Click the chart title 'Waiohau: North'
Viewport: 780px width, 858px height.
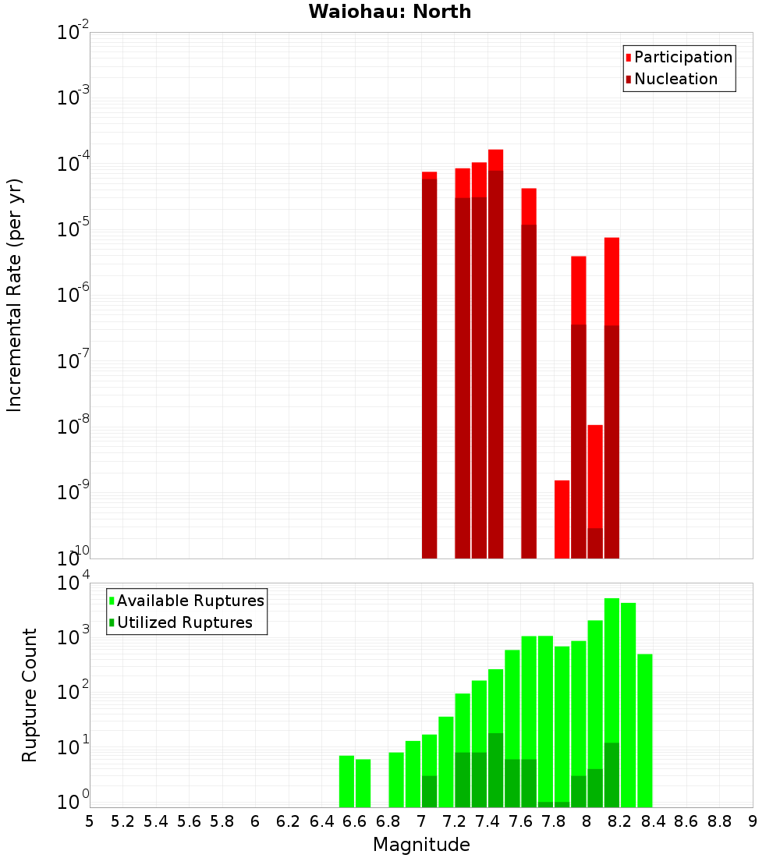pos(389,12)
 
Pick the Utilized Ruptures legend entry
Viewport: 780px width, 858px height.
pos(184,622)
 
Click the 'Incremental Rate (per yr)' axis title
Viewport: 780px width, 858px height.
pos(15,295)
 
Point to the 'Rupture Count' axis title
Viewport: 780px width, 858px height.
pos(30,695)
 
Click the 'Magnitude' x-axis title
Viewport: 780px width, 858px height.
pos(421,845)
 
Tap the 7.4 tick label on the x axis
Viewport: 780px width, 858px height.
pos(487,821)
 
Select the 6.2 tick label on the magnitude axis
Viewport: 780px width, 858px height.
pos(289,821)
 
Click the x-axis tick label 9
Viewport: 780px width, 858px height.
pos(753,821)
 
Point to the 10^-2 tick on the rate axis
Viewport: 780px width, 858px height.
pos(73,34)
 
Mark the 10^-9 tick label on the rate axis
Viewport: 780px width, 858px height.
pos(73,493)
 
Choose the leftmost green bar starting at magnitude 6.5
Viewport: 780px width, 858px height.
pos(346,781)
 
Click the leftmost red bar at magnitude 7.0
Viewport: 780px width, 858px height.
pos(429,367)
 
